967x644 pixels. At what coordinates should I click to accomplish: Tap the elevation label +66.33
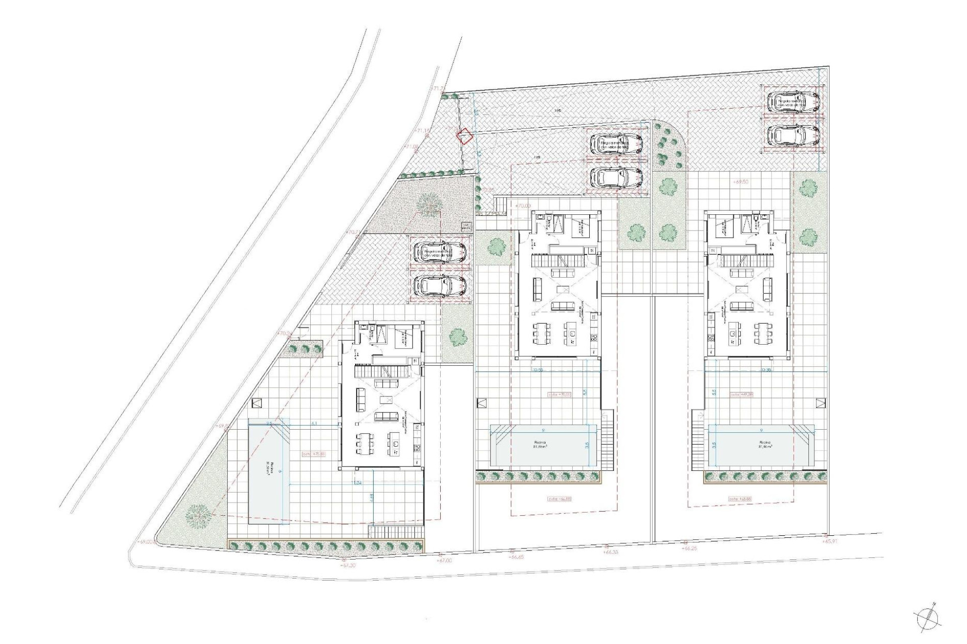(x=611, y=552)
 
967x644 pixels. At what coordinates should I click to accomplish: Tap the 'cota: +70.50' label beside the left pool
(x=313, y=454)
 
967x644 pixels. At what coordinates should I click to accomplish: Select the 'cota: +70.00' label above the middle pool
(x=559, y=395)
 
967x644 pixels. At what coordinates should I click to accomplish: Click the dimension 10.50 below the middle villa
(x=538, y=370)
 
